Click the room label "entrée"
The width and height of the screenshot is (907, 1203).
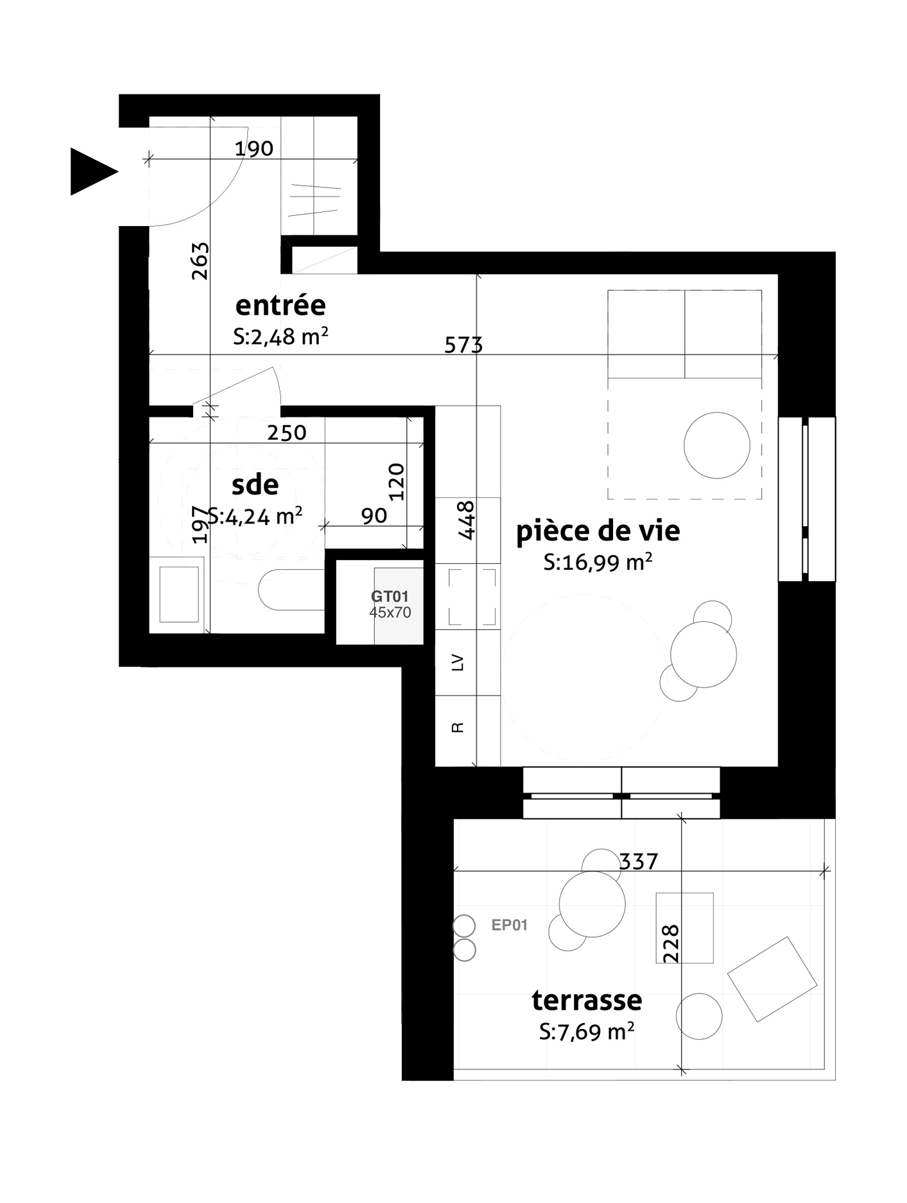281,305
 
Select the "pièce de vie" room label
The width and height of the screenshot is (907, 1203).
598,531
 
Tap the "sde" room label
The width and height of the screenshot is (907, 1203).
255,485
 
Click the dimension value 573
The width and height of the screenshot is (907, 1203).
463,346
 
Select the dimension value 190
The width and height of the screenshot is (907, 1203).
254,149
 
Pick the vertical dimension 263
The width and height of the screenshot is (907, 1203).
200,261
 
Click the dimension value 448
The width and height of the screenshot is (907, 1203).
466,520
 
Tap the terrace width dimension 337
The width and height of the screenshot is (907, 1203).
639,861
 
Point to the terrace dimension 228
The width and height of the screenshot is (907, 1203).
670,943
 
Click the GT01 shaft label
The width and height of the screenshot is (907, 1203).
390,597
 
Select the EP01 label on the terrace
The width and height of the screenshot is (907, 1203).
509,925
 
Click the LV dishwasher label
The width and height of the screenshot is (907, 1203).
458,662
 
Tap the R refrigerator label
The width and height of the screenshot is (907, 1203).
458,727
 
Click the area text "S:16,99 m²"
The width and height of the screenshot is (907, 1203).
598,562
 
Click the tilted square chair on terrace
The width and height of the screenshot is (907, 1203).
772,979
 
